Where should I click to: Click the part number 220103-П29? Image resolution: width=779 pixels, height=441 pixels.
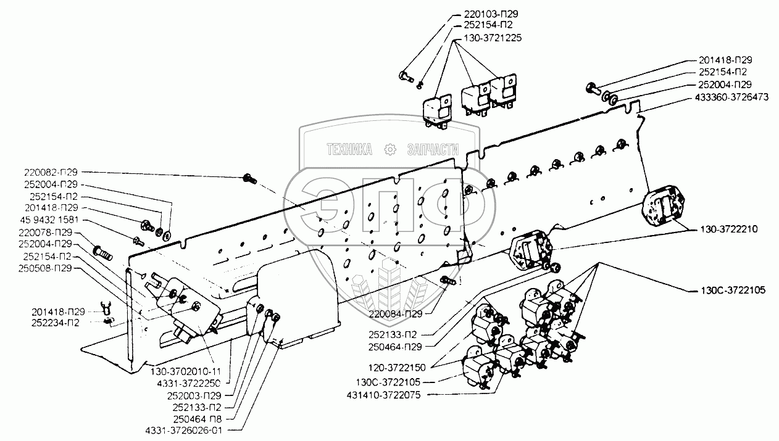click(491, 14)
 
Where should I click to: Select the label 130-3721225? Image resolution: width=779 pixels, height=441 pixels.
click(493, 38)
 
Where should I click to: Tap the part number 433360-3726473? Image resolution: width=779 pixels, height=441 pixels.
click(731, 97)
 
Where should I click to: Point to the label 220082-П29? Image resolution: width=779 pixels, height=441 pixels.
click(51, 172)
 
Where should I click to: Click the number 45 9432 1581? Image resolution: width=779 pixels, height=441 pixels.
click(49, 220)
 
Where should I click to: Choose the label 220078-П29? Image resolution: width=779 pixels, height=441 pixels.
click(45, 233)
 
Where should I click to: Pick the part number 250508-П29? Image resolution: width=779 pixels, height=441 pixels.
click(45, 268)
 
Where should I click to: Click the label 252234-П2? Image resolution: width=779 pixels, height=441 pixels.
click(56, 323)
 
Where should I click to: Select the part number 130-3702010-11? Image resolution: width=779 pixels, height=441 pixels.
click(185, 371)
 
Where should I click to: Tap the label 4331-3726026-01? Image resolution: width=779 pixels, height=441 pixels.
click(183, 431)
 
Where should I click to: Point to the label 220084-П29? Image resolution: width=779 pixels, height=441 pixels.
click(396, 314)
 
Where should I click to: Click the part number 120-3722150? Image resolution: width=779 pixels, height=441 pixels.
click(397, 368)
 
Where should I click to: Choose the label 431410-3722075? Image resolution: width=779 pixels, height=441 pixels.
click(383, 395)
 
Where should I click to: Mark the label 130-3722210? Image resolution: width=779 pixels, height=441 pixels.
click(729, 229)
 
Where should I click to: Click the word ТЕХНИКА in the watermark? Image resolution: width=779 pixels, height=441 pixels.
click(349, 149)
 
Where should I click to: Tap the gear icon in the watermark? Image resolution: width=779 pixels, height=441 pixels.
click(390, 149)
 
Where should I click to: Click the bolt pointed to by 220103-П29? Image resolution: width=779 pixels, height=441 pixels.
click(406, 76)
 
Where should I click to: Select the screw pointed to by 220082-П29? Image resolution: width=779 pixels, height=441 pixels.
click(249, 179)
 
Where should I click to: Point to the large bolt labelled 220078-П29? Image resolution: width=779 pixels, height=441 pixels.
click(102, 253)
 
